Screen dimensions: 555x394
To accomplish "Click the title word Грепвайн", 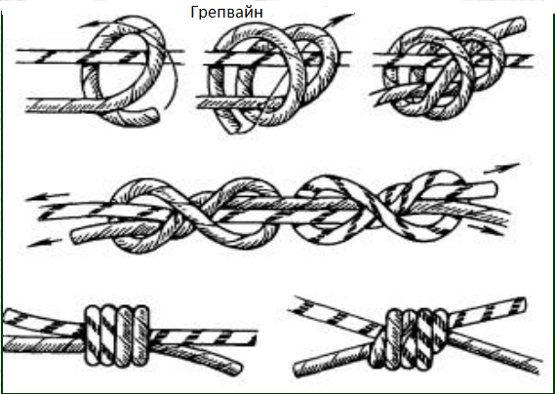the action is [x=226, y=13].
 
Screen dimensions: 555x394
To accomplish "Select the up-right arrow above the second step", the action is [x=339, y=20].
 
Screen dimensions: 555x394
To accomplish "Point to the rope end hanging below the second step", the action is [x=230, y=128].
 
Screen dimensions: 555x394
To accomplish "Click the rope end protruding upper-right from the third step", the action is [x=520, y=23].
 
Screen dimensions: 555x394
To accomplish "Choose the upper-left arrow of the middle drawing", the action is [x=47, y=197].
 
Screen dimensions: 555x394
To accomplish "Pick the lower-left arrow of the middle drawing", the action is [x=44, y=243].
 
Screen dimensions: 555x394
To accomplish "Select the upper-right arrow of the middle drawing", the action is [x=502, y=168].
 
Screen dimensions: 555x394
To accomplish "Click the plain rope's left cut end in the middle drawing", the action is [x=76, y=236].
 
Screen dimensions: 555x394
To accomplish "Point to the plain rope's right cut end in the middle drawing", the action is [x=493, y=188].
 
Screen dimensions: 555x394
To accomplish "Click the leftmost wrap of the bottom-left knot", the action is [x=93, y=335].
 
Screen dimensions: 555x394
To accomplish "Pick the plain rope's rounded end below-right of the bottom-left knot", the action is [x=236, y=369].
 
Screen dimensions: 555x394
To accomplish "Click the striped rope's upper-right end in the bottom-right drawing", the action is [x=521, y=304].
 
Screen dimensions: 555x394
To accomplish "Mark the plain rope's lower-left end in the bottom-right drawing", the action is [x=298, y=370].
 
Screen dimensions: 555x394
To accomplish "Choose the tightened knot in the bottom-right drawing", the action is [x=409, y=339].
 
